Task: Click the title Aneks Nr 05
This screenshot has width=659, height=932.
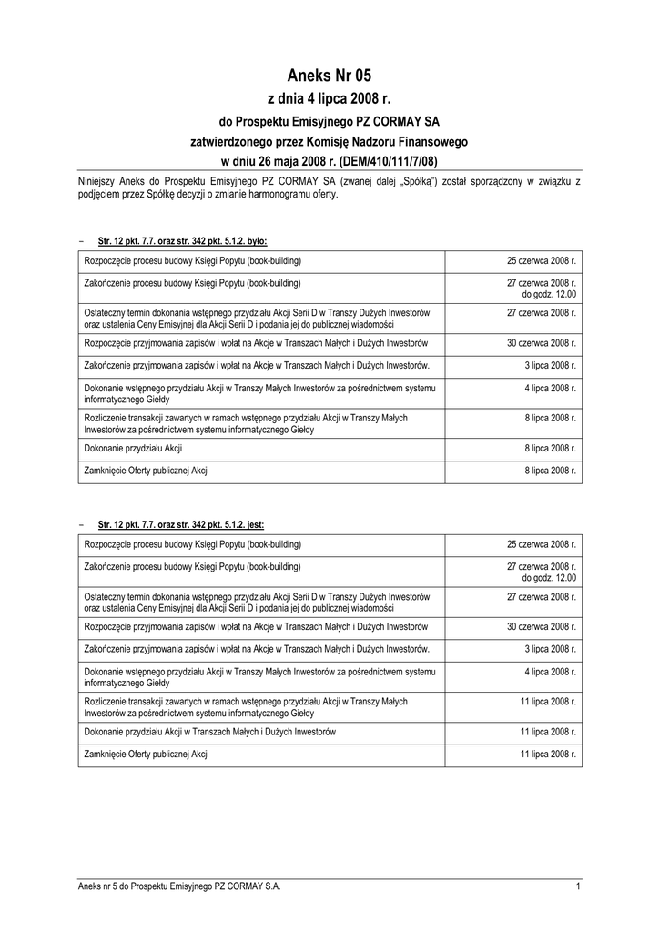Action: tap(329, 76)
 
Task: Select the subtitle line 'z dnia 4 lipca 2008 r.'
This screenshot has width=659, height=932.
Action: tap(329, 99)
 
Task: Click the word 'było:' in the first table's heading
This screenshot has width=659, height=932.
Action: tap(255, 241)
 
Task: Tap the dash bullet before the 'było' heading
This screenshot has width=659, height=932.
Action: tap(82, 241)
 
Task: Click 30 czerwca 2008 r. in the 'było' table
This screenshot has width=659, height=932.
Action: tap(542, 343)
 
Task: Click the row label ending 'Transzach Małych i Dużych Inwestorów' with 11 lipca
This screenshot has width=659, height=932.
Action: tap(210, 732)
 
